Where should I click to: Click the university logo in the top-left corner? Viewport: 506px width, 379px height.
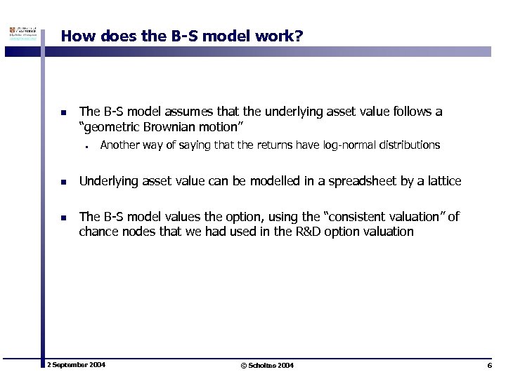22,36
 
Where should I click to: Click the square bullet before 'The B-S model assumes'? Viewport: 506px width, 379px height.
63,112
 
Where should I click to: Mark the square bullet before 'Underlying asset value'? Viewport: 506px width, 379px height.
63,182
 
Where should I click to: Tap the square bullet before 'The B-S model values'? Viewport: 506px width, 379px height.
63,218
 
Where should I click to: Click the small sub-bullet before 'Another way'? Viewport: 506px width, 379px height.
84,147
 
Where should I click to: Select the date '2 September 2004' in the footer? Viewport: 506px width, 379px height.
76,366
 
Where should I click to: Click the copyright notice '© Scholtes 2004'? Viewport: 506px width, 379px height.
267,366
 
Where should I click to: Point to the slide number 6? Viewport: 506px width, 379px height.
488,366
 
